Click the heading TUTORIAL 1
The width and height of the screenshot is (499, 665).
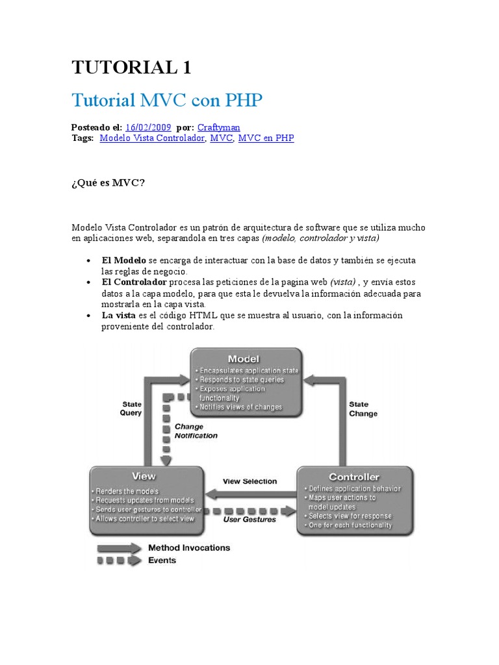point(131,67)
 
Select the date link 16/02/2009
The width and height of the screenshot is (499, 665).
point(149,127)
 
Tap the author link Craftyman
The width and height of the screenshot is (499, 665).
point(218,127)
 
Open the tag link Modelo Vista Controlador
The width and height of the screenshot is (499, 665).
point(152,138)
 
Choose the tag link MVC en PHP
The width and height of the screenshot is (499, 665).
point(266,138)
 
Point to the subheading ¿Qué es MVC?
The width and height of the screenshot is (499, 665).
point(108,182)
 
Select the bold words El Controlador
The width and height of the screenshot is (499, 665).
point(134,282)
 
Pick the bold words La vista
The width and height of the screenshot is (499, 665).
point(118,315)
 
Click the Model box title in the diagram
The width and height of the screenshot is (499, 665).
point(243,359)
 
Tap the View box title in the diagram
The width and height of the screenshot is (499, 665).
point(144,477)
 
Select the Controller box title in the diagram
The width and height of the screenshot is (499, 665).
point(353,477)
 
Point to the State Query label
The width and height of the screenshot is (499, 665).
point(131,408)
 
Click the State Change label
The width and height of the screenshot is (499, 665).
point(363,408)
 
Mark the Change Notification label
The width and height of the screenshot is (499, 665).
point(196,431)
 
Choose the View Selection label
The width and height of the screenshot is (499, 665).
point(249,481)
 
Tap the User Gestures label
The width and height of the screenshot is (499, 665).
point(249,519)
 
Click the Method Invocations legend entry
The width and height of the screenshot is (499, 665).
point(189,547)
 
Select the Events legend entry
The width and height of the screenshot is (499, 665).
point(162,560)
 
